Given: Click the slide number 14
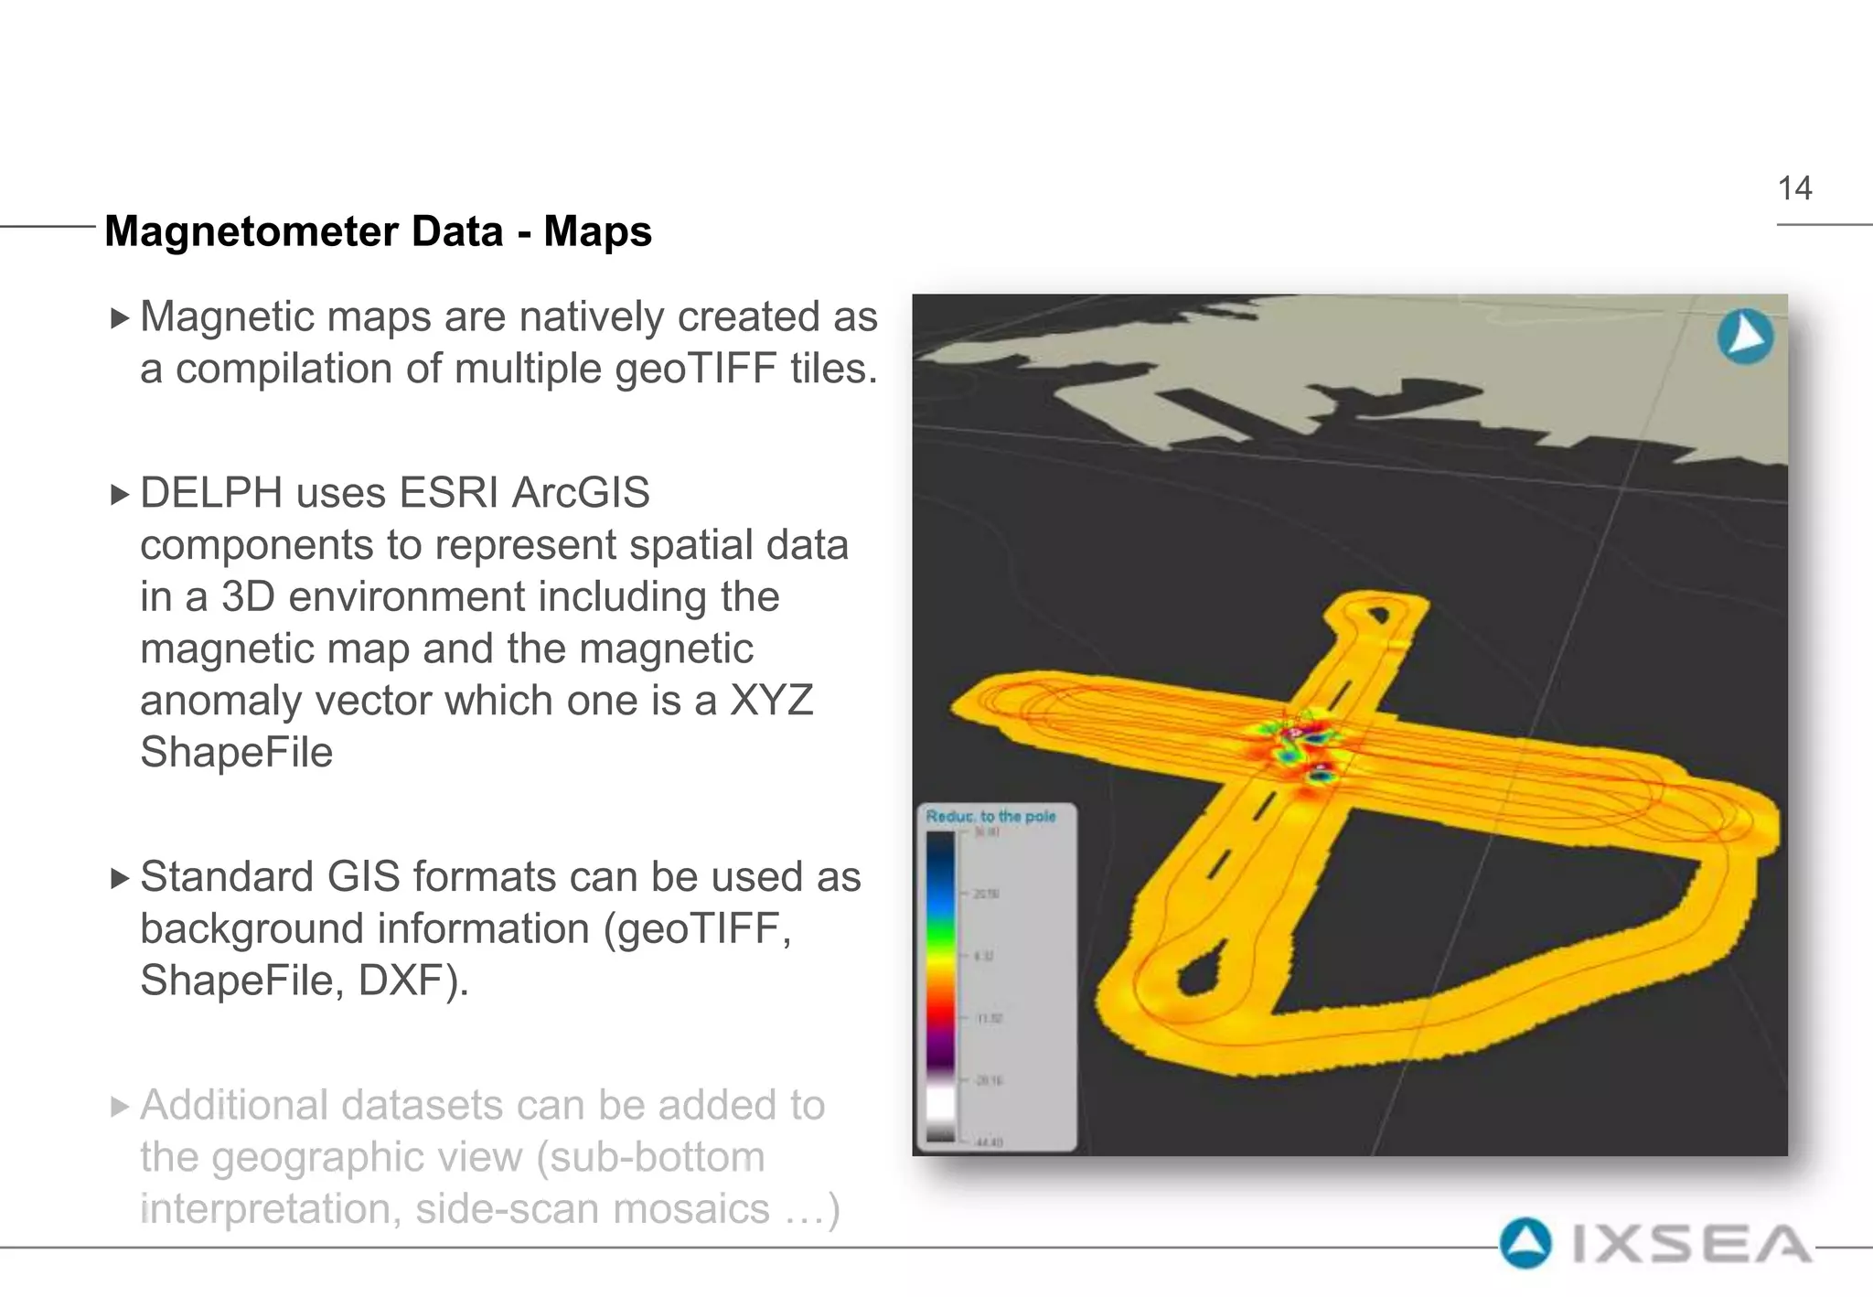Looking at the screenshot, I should point(1794,188).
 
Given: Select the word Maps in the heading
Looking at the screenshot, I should point(597,231).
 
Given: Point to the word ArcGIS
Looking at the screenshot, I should point(581,493).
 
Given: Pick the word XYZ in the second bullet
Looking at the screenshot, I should point(770,702).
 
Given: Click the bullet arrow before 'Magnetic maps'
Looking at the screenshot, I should point(120,318).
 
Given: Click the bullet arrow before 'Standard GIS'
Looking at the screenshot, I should point(120,879).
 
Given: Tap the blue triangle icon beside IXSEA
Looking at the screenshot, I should point(1525,1244).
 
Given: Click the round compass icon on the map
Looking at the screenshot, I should point(1745,337).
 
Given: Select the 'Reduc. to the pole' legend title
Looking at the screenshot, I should point(990,816).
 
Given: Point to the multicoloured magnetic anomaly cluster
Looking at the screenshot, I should point(1299,745).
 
